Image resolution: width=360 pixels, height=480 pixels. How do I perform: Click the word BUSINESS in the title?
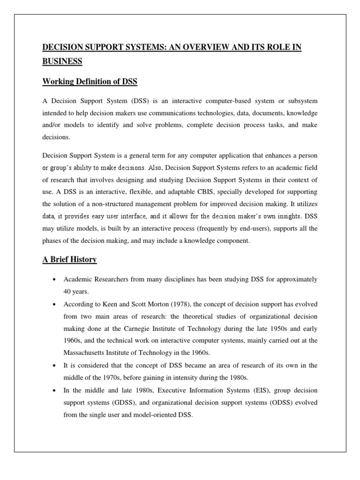click(x=62, y=61)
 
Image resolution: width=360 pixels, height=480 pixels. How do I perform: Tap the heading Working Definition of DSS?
click(x=90, y=82)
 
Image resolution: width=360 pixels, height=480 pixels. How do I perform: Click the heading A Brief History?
click(x=69, y=259)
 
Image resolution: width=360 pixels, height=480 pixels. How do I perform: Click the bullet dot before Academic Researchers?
click(x=55, y=280)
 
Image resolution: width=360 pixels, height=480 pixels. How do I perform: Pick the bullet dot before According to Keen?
click(x=55, y=292)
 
